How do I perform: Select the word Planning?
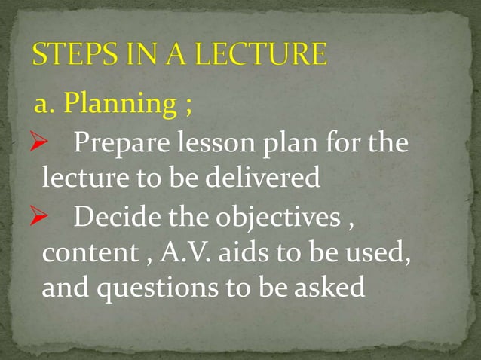tap(119, 105)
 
